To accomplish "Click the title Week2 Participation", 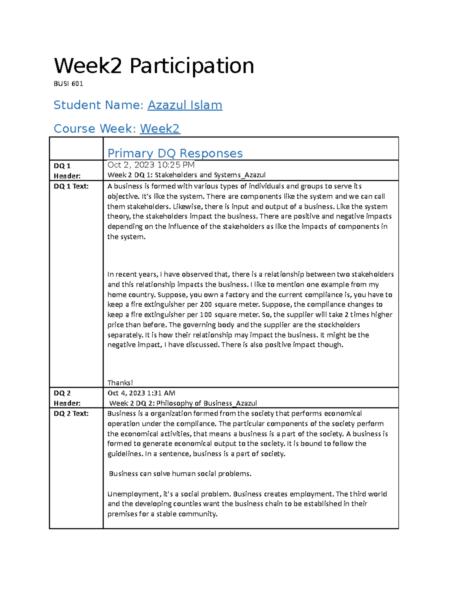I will coord(154,66).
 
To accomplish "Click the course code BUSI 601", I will coord(68,84).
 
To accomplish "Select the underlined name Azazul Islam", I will coord(185,105).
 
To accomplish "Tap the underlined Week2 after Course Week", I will coord(160,129).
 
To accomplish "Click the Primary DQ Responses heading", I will coord(175,153).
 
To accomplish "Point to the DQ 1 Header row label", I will coord(67,170).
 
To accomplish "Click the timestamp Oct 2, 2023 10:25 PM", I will coord(151,165).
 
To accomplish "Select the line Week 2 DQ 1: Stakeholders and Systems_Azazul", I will coord(186,175).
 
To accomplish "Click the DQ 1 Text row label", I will coord(71,186).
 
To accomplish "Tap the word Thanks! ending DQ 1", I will coord(120,382).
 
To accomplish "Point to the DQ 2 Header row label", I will coord(67,398).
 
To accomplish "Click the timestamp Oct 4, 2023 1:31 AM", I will coord(141,393).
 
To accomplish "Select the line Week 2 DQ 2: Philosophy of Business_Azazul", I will coord(183,403).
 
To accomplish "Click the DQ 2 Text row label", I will coord(71,413).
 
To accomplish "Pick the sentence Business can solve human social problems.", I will coord(180,474).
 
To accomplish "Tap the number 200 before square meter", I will coord(206,304).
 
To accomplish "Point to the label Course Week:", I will coord(95,129).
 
